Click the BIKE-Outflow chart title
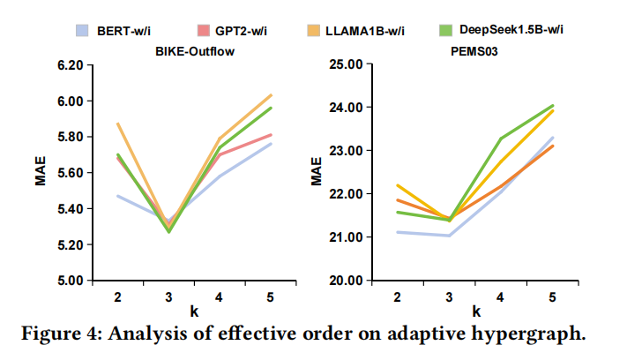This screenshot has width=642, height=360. (x=195, y=50)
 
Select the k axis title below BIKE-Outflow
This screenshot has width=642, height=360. (x=194, y=311)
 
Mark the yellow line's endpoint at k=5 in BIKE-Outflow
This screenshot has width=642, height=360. (x=271, y=94)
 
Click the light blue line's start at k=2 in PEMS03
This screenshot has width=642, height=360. (x=399, y=232)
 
